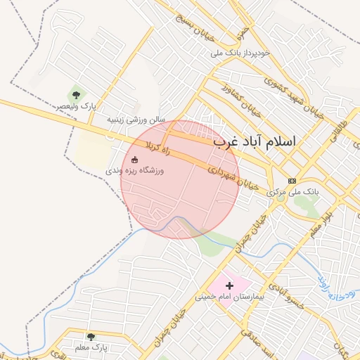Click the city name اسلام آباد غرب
[255, 141]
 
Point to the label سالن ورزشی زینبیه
[136, 120]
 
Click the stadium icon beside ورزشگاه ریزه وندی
[134, 160]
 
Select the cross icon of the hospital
[229, 285]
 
